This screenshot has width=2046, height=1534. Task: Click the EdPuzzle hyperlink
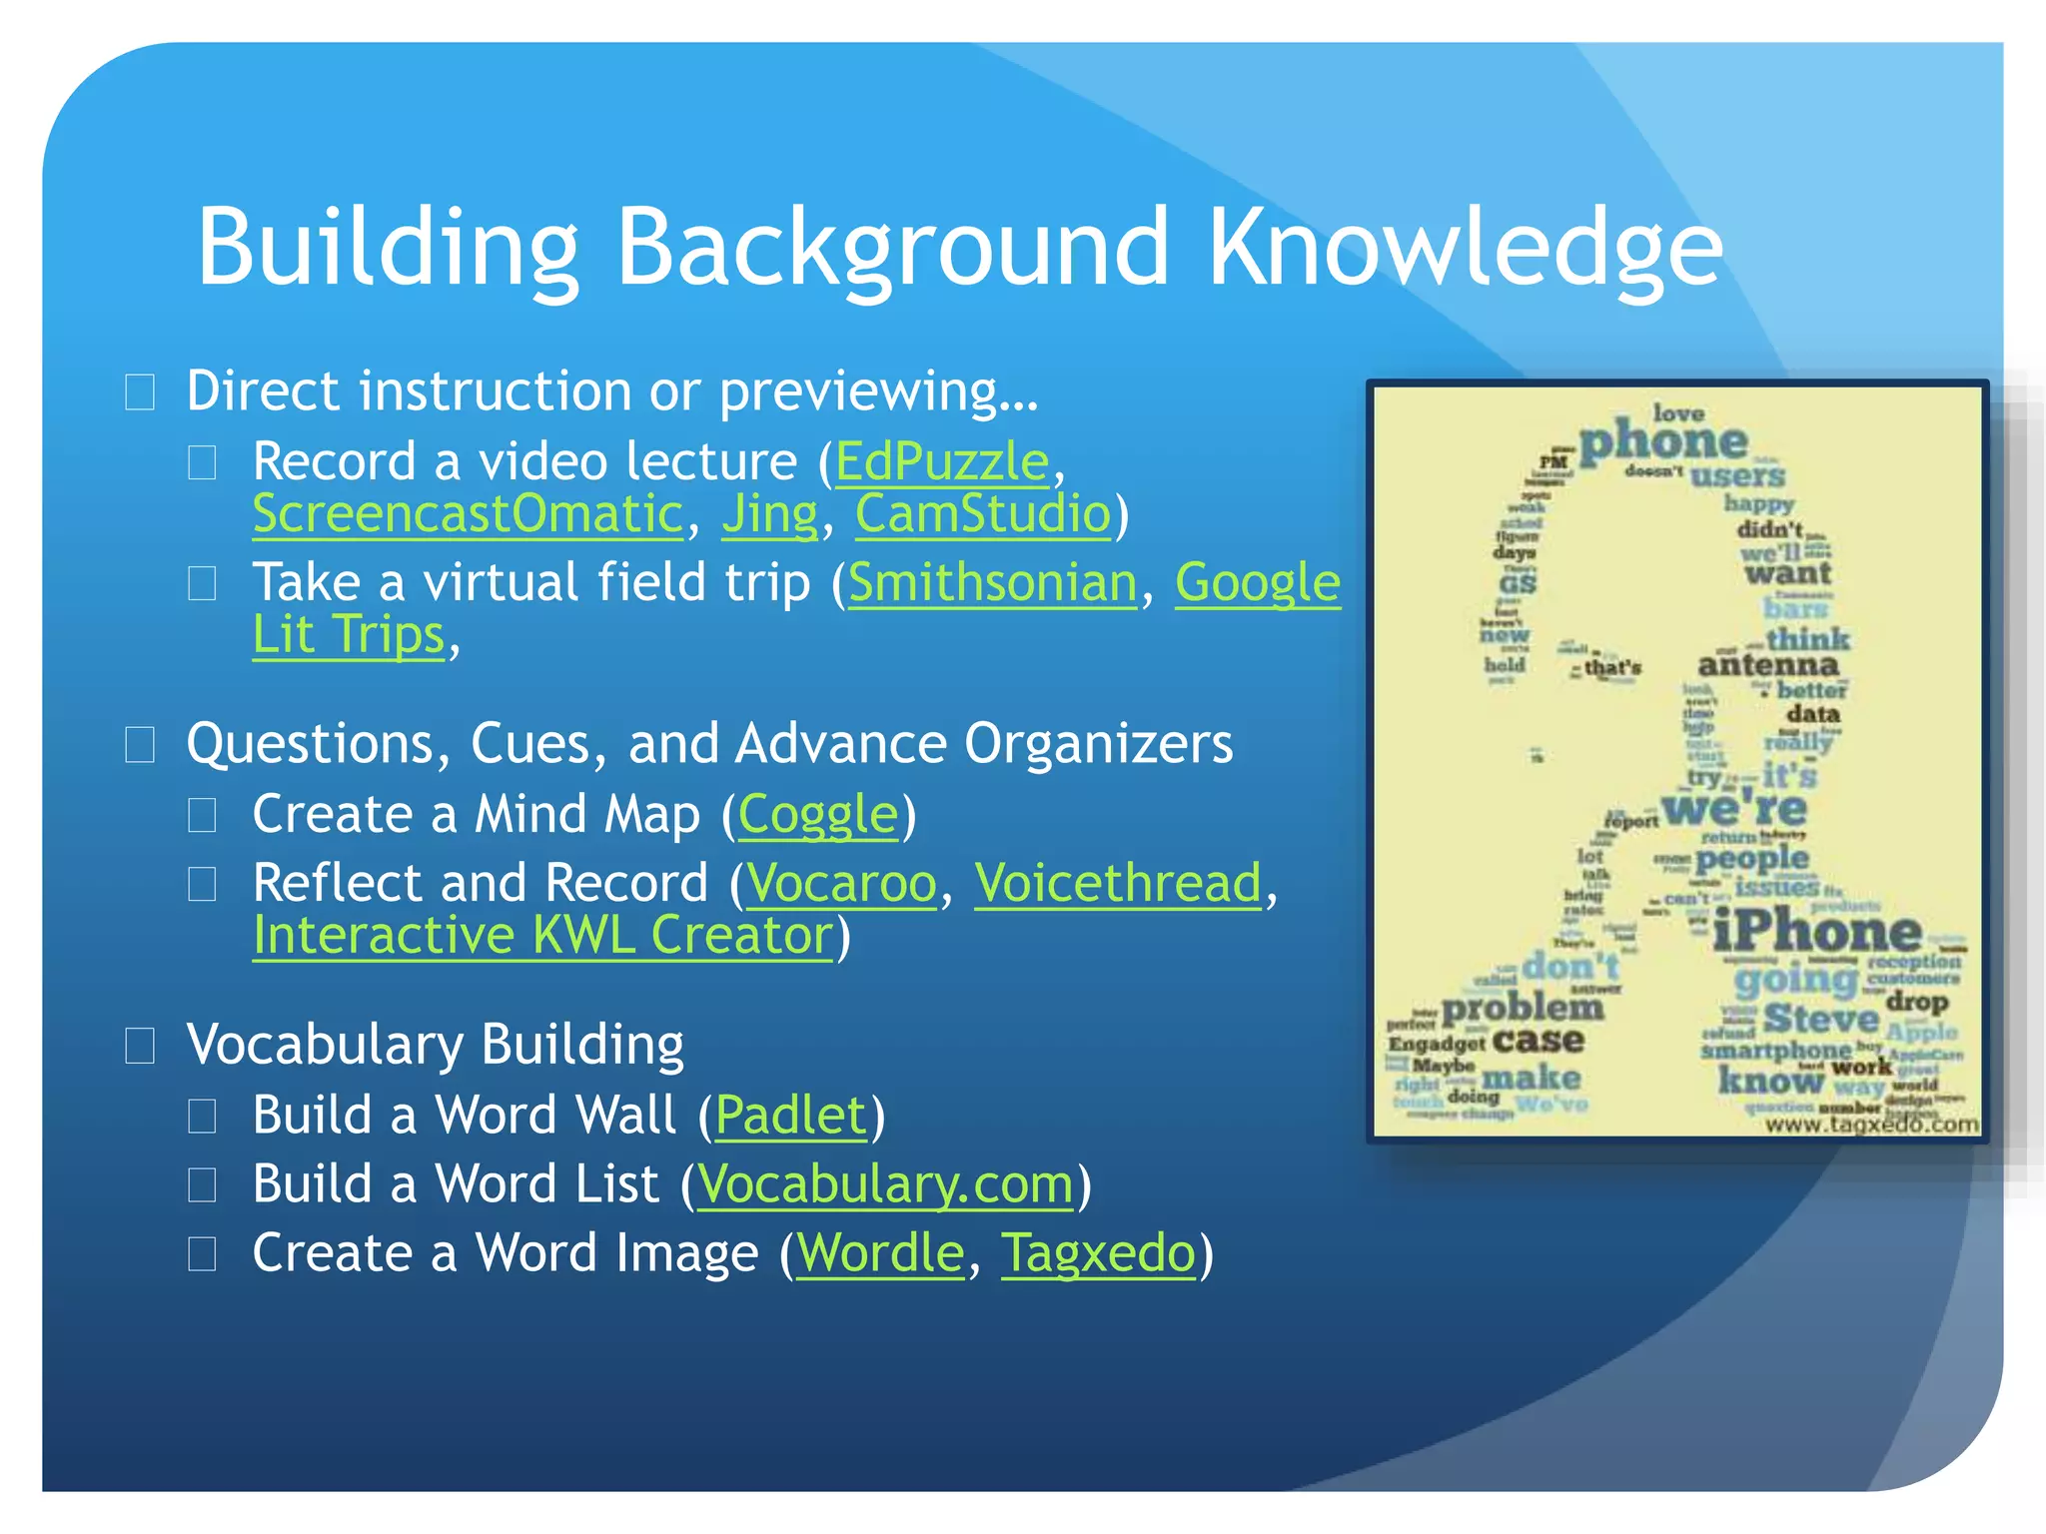942,462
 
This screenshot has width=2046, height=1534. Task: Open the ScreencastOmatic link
468,514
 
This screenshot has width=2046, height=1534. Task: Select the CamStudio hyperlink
983,514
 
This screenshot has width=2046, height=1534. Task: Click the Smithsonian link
992,583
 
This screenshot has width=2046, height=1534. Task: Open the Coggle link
818,815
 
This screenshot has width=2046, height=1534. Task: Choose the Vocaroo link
841,884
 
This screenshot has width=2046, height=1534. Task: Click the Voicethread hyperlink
1118,884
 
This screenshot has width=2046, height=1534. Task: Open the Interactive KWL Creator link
542,936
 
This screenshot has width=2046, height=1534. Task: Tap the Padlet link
790,1115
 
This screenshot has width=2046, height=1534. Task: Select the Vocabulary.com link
885,1184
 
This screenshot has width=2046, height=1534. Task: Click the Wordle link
880,1253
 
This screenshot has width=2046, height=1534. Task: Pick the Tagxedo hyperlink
1098,1253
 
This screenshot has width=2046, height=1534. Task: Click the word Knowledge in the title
1466,247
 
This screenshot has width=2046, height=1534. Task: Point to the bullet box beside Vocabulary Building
140,1046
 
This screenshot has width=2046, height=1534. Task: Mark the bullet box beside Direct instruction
140,391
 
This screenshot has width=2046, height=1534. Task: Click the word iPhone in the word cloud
1816,932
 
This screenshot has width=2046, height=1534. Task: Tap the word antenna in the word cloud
1768,665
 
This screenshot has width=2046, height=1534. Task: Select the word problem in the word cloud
1523,1008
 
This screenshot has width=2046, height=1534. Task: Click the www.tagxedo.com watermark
1871,1125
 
